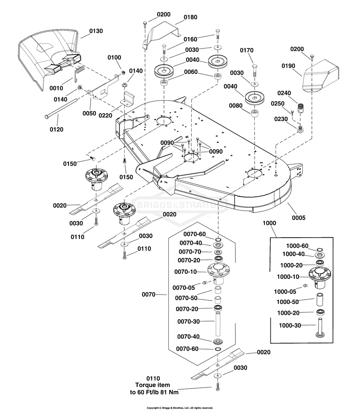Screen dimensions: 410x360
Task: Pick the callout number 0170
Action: point(247,50)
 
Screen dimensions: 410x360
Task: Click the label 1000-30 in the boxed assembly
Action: point(290,325)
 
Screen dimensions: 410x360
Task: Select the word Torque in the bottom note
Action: point(146,385)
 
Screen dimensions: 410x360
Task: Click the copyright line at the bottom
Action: point(180,408)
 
